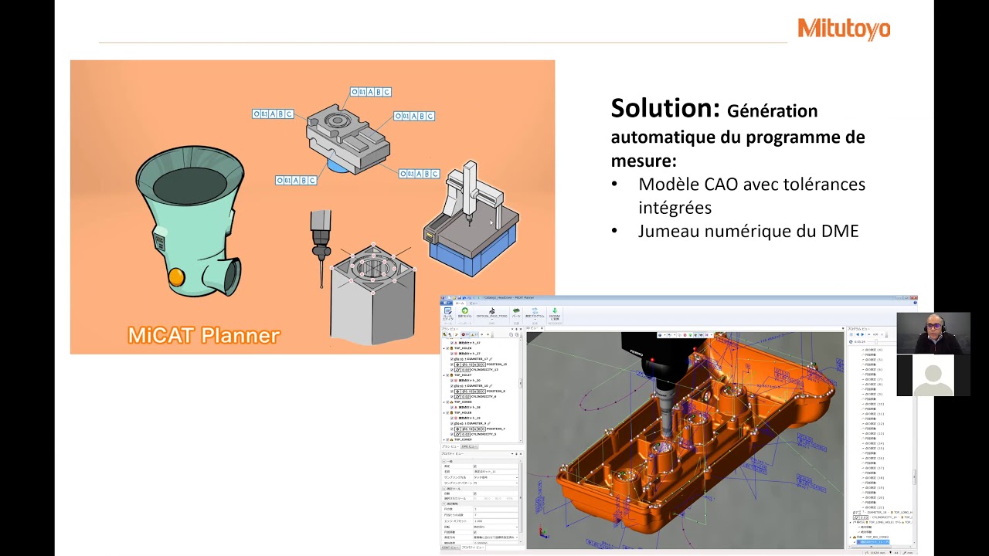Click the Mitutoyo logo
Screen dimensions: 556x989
pyautogui.click(x=844, y=29)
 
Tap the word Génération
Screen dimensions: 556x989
pyautogui.click(x=772, y=111)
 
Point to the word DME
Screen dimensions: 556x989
pyautogui.click(x=838, y=231)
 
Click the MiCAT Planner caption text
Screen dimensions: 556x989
pyautogui.click(x=203, y=335)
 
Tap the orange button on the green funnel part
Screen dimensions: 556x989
pyautogui.click(x=176, y=276)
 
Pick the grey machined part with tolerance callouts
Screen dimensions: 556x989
pyautogui.click(x=346, y=139)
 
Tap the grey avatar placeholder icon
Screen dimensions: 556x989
pyautogui.click(x=933, y=376)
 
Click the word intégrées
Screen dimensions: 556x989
pyautogui.click(x=675, y=208)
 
